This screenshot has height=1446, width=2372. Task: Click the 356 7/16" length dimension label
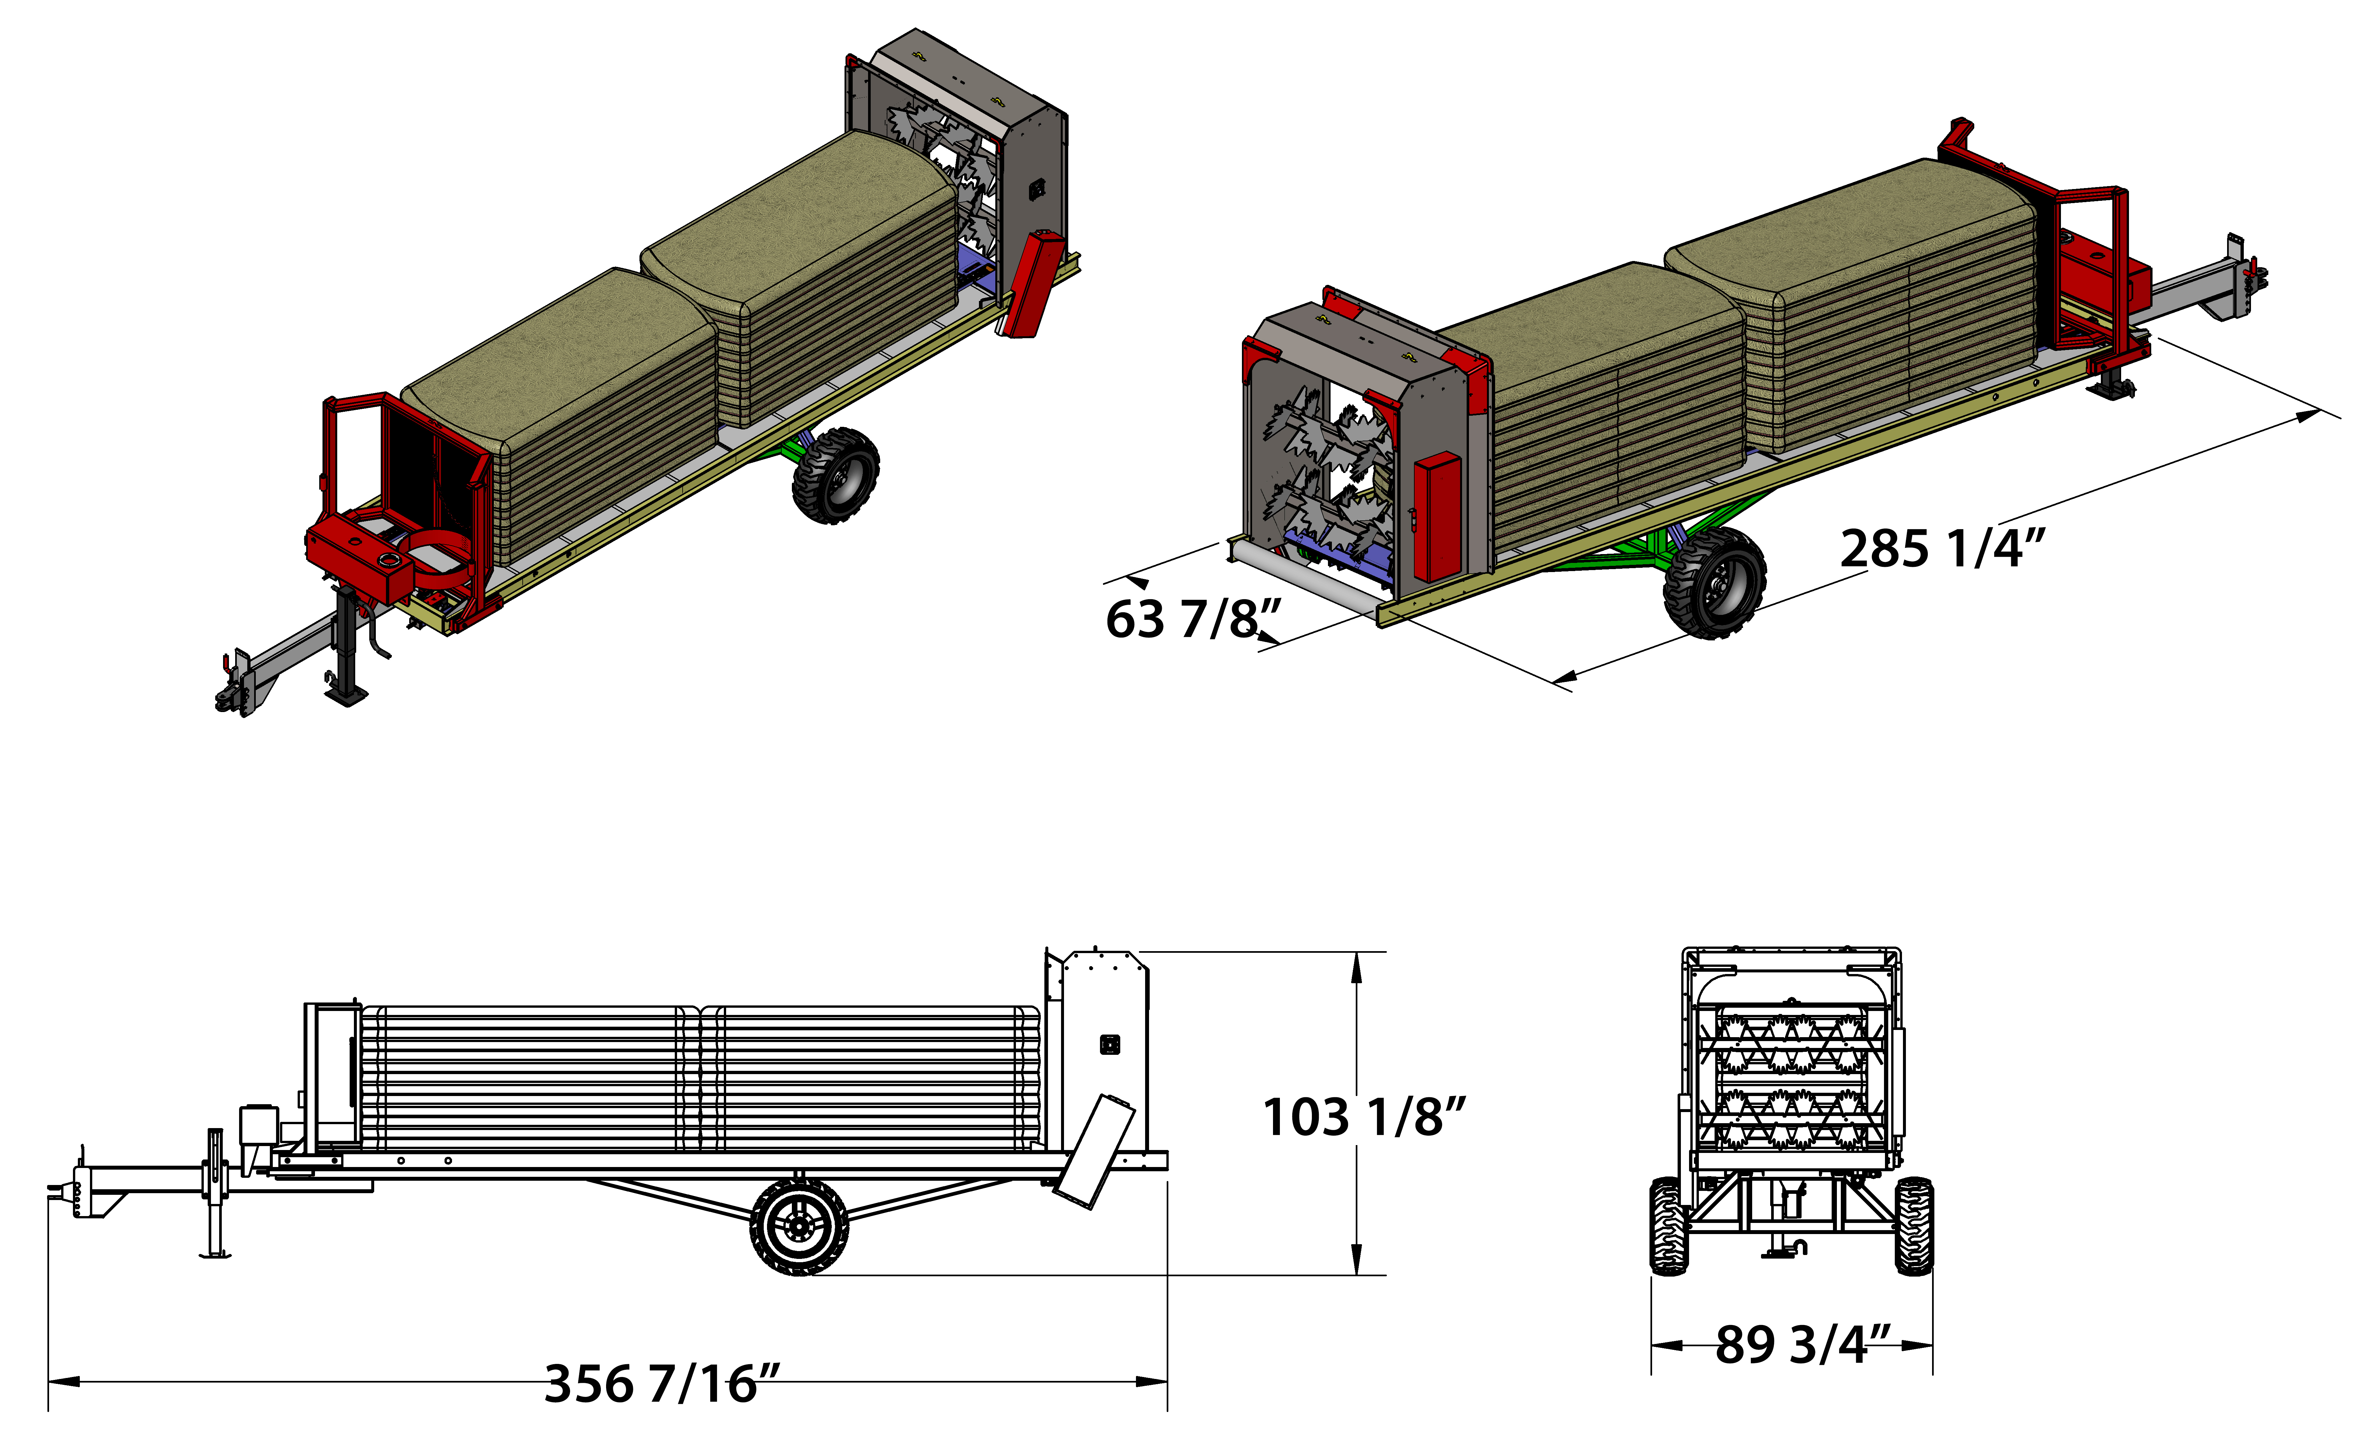point(662,1384)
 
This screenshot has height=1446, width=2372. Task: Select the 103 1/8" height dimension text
point(1363,1117)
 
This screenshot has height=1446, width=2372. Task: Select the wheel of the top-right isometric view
point(1715,583)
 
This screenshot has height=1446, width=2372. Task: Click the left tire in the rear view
point(1668,1226)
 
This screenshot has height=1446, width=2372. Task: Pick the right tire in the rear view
point(1914,1226)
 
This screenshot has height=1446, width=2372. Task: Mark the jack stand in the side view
point(216,1194)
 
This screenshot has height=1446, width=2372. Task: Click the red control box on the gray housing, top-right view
point(1437,517)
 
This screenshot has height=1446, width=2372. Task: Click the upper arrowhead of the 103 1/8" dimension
point(1356,967)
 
